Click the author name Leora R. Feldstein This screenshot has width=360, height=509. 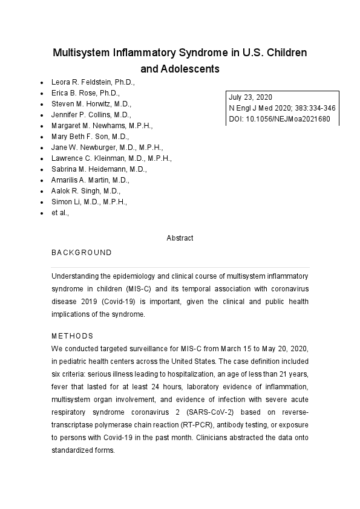click(x=93, y=82)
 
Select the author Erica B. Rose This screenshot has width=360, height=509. click(x=85, y=93)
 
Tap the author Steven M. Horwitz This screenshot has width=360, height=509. click(x=95, y=104)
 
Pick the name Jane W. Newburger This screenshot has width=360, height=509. click(x=107, y=148)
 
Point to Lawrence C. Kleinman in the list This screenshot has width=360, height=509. click(x=111, y=158)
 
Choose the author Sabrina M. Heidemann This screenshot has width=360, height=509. click(x=99, y=169)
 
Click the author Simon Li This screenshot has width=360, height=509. click(x=89, y=202)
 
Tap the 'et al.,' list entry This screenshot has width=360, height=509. click(x=60, y=213)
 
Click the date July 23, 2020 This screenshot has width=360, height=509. click(x=250, y=97)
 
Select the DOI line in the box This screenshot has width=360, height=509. click(x=279, y=119)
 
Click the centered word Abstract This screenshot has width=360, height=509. click(x=180, y=238)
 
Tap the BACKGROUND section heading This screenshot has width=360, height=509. click(x=81, y=253)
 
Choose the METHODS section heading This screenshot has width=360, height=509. click(x=72, y=336)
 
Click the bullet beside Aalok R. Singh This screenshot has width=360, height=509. click(x=41, y=191)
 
